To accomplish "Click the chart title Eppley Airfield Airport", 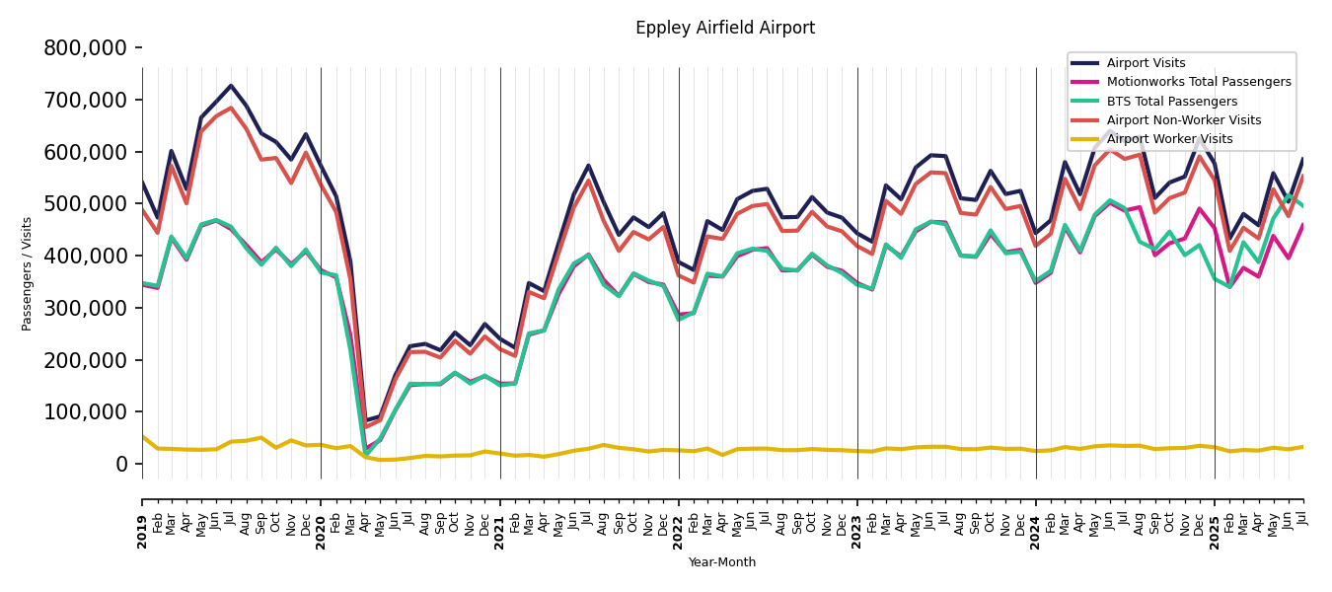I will click(725, 29).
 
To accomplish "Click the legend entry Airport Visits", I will click(1146, 63).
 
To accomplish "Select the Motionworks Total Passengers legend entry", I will click(1198, 82).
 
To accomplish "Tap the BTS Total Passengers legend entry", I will click(1171, 102).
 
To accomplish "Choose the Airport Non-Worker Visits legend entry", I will click(1183, 120).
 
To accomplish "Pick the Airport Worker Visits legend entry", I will click(1169, 139).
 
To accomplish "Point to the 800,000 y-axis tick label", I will click(85, 48).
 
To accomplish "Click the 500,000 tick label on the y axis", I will click(85, 204).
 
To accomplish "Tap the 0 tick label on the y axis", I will click(121, 465).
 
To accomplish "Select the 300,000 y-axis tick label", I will click(85, 309).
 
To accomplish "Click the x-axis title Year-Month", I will click(722, 562).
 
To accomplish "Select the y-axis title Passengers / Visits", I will click(28, 273).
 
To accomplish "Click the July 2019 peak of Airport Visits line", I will click(231, 86).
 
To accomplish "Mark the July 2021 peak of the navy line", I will click(588, 166).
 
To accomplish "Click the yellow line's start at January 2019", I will click(143, 436).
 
